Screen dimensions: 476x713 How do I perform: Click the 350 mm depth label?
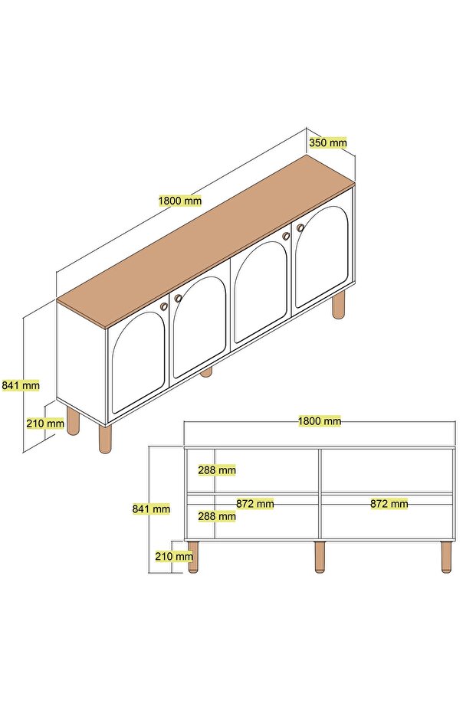point(327,142)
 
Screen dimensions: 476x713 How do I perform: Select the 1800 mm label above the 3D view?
point(180,201)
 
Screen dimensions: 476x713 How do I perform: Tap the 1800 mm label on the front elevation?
point(320,421)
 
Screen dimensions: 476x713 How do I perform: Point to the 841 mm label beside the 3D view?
point(21,386)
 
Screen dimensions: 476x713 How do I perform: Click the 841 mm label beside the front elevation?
point(151,509)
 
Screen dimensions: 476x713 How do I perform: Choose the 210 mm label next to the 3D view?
point(45,424)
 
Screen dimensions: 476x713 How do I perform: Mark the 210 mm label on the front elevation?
point(174,556)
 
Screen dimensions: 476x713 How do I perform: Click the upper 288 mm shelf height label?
point(217,470)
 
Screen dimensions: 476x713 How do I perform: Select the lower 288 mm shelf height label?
point(217,516)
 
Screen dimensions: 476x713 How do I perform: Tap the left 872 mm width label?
point(254,504)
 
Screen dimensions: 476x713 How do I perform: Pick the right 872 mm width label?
point(389,504)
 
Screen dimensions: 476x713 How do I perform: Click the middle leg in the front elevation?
point(320,557)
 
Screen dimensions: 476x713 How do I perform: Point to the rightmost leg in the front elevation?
point(446,557)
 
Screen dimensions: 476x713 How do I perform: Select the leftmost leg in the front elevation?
point(194,557)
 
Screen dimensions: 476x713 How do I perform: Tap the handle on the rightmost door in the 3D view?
point(300,227)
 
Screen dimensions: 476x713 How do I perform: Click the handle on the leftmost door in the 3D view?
point(163,306)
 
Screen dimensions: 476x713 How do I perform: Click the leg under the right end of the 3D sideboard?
point(339,304)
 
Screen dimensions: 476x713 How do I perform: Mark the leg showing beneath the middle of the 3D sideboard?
point(207,372)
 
